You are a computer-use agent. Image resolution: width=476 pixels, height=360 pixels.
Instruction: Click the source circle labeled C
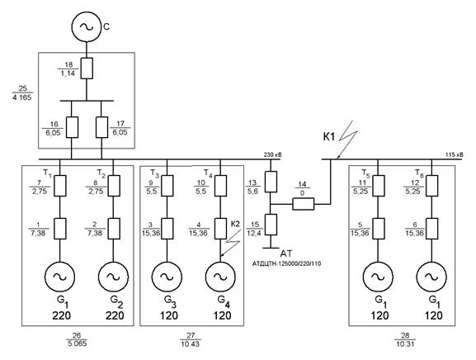[x=87, y=26]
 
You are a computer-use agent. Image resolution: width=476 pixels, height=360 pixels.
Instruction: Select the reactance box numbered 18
[x=87, y=69]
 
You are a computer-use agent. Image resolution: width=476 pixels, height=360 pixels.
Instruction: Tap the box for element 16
[x=72, y=127]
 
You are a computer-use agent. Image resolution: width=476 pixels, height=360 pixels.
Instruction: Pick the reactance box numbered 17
[x=101, y=127]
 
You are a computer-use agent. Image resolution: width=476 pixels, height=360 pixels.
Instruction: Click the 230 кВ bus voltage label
[x=272, y=155]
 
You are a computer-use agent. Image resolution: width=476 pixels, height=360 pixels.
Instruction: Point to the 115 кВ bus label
[x=455, y=155]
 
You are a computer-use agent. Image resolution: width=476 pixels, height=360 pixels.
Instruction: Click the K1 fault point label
[x=329, y=137]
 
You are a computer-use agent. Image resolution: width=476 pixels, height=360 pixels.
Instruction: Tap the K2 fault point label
[x=235, y=224]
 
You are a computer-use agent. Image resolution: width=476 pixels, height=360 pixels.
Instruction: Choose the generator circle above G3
[x=167, y=276]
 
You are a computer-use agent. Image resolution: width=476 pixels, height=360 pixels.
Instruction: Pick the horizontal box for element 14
[x=304, y=204]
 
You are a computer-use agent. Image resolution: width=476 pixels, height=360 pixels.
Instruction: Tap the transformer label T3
[x=154, y=173]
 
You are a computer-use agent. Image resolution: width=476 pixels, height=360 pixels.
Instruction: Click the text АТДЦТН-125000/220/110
[x=286, y=263]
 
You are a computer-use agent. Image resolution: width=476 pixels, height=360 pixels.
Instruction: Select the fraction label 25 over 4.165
[x=22, y=92]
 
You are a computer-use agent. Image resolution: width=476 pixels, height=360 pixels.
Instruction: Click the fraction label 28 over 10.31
[x=405, y=339]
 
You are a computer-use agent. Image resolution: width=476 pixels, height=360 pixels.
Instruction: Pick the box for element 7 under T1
[x=59, y=186]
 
